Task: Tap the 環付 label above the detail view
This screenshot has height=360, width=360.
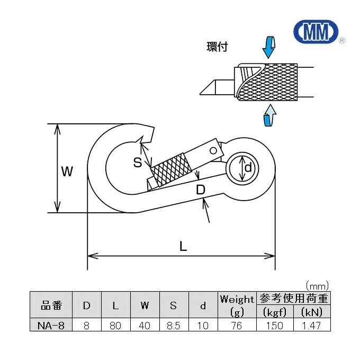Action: coord(217,47)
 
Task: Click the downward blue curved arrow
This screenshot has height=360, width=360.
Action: coord(269,47)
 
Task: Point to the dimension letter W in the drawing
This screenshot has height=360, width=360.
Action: coord(66,172)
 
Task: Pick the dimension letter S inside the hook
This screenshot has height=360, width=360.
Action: coord(138,163)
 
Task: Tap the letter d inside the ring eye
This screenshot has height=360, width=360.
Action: coord(247,168)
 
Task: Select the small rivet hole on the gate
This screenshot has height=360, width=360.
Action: coord(213,151)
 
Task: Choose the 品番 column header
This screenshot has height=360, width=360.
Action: coord(51,305)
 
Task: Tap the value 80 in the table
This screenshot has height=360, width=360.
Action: coord(115,326)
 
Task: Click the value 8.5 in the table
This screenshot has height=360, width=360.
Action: coord(173,326)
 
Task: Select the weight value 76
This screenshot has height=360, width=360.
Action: coord(237,326)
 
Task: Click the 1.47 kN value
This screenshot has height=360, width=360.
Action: coord(311,326)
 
